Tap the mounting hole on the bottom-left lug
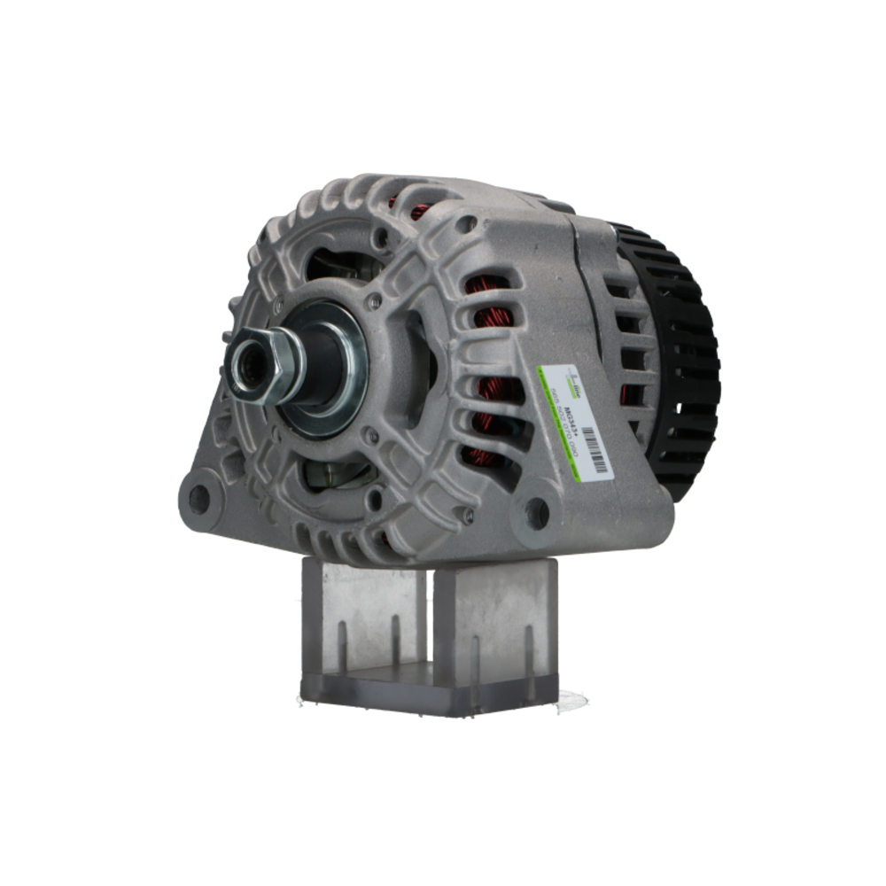(199, 499)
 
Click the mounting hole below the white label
(536, 512)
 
